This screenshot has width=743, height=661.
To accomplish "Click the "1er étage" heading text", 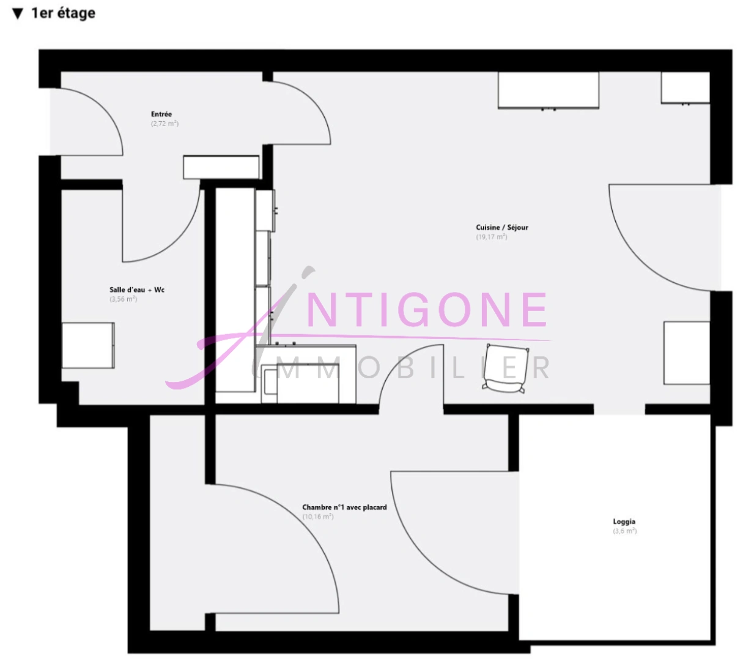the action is tap(63, 13).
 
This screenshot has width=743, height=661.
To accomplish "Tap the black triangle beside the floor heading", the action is tap(18, 13).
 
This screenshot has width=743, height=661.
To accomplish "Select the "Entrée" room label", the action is tap(161, 114).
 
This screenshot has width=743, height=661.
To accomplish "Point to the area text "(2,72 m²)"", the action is tap(164, 124).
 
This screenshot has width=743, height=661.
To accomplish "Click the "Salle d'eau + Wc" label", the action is tap(137, 289).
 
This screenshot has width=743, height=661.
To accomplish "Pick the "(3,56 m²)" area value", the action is tap(124, 299).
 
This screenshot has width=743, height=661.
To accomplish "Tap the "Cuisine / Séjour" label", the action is tap(502, 227).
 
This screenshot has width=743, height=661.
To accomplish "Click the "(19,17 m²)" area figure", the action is tap(492, 237).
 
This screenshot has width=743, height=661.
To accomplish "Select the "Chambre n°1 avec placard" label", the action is tap(344, 507).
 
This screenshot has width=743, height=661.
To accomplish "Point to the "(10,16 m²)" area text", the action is tap(318, 517).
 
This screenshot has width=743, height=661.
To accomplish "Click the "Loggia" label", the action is tap(624, 521).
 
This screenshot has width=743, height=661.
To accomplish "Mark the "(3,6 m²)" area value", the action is tap(625, 531).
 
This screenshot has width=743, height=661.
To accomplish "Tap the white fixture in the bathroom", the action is tap(88, 345).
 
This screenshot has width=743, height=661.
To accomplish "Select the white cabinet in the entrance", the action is tap(221, 167).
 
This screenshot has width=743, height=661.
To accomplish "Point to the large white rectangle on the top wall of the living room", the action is tap(549, 91).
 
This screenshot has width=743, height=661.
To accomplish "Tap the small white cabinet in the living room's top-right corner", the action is tap(686, 88).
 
